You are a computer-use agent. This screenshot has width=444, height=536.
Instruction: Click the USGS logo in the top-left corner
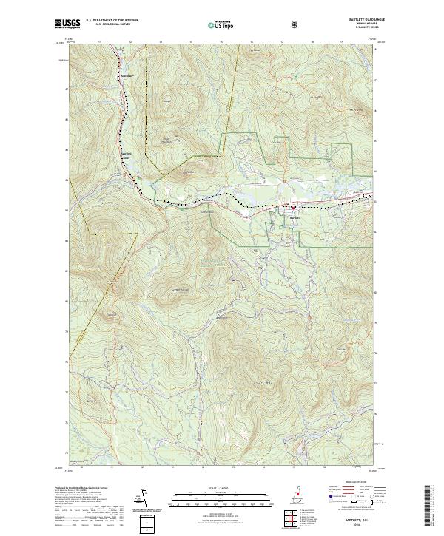67,24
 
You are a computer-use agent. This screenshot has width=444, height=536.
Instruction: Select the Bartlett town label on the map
295,218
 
